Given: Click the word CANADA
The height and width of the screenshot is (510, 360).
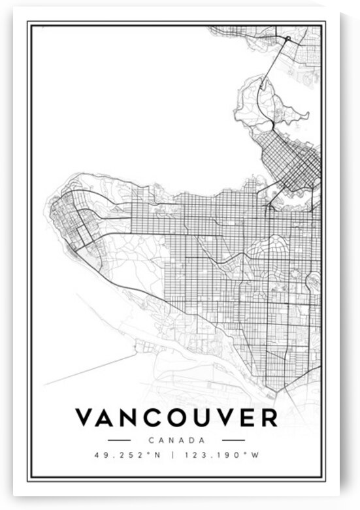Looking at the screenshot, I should coord(176,440).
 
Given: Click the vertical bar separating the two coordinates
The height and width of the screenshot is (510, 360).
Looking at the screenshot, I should coord(173,454).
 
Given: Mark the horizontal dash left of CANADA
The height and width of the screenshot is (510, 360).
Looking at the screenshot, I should coord(119,440).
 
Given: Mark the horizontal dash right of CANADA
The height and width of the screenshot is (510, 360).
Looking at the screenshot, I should coord(233,440).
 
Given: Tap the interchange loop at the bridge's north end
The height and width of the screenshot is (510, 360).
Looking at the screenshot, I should coord(286,40).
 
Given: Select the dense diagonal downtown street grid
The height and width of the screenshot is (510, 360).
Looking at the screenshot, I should coord(291,157).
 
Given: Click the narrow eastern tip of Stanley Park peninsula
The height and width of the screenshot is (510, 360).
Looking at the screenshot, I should coord(305,116).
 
